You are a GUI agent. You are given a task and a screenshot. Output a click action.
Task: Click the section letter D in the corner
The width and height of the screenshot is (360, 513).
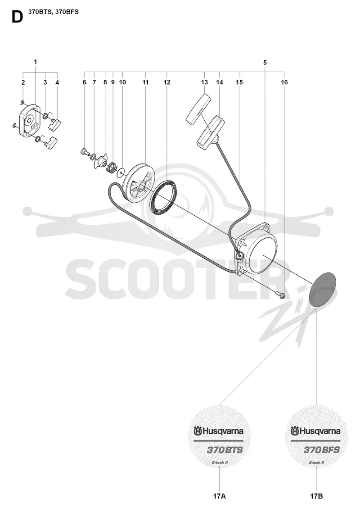click(17, 17)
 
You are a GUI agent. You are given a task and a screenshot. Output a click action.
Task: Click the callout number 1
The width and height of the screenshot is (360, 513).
click(35, 62)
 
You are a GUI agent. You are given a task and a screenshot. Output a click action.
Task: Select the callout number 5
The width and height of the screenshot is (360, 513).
click(265, 63)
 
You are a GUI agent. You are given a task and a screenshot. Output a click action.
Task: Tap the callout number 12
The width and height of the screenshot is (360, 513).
click(167, 82)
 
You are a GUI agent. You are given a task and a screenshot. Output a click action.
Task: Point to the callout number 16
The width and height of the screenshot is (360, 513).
click(284, 82)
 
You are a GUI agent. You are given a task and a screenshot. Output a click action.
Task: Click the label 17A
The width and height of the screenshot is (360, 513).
click(219, 496)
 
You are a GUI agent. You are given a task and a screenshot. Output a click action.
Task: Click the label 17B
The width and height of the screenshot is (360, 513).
click(316, 496)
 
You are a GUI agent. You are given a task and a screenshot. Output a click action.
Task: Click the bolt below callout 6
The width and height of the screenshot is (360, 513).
click(85, 151)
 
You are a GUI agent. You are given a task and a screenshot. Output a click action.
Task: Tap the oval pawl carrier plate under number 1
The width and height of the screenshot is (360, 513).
click(29, 119)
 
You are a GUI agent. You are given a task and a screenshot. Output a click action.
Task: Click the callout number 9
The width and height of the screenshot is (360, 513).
click(113, 82)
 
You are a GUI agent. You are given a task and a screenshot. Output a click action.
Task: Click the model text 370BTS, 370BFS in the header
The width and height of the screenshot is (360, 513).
click(53, 12)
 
